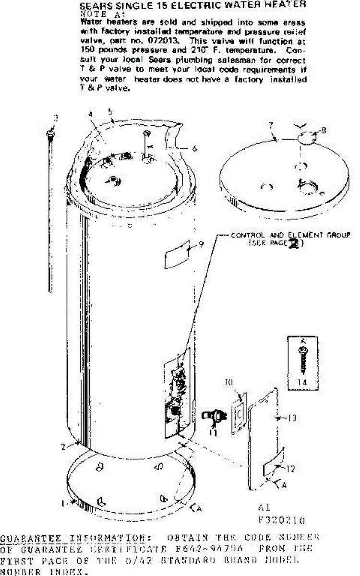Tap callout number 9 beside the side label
(x=202, y=244)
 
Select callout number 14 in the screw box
(x=301, y=382)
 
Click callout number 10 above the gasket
(x=228, y=383)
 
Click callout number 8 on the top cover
(x=324, y=130)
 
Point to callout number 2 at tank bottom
(x=63, y=447)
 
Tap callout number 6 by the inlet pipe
(x=194, y=149)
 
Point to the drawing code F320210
(x=282, y=520)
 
